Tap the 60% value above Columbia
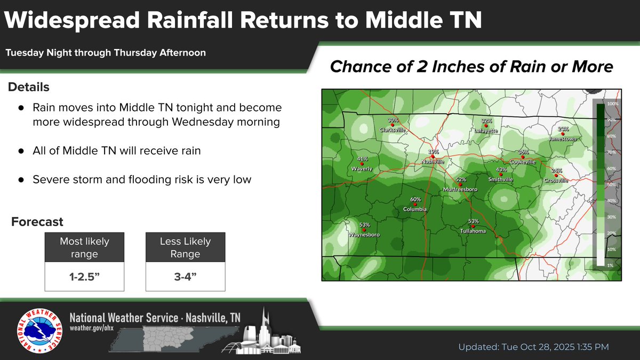point(415,199)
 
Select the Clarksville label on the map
point(393,130)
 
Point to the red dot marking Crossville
point(556,175)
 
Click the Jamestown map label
point(563,139)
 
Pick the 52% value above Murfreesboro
point(461,180)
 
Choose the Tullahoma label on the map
point(473,231)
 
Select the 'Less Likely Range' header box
point(185,247)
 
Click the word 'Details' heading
point(29,87)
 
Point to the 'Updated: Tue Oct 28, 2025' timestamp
point(533,347)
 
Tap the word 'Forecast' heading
point(37,221)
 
